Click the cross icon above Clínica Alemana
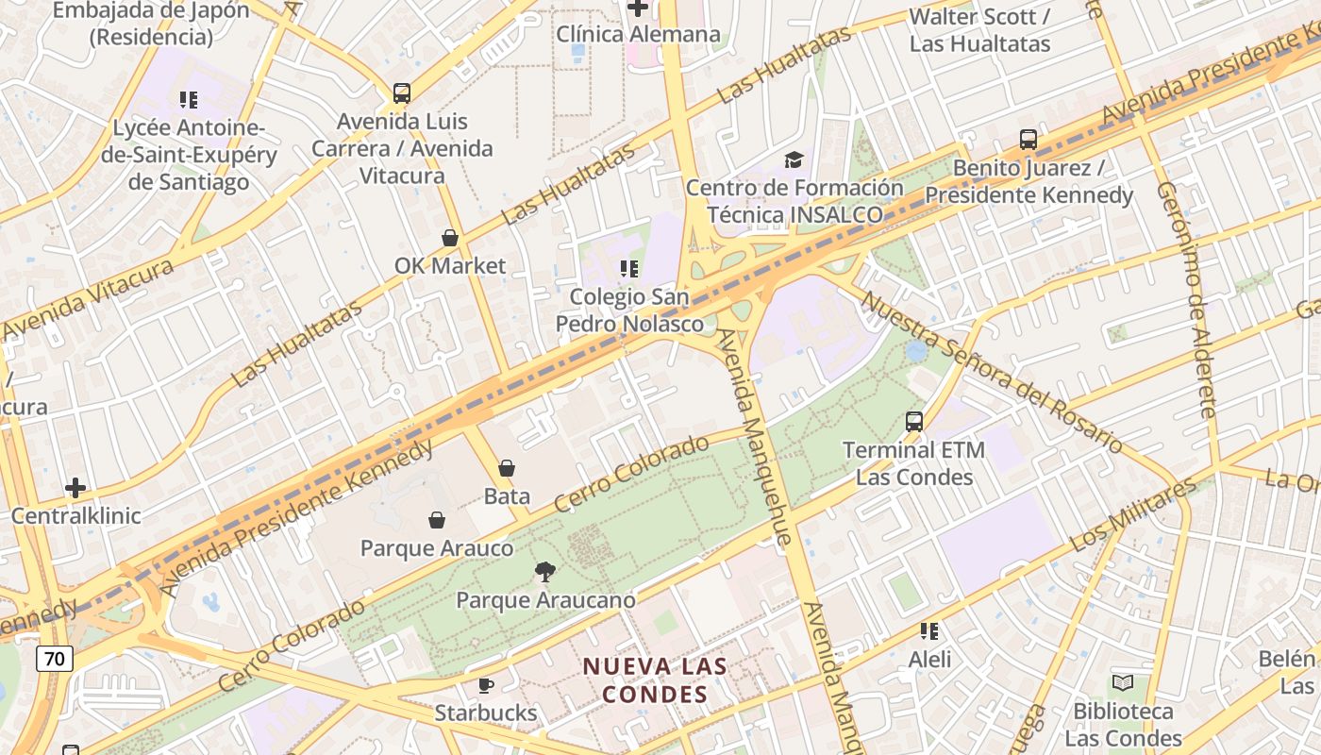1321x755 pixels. (x=638, y=8)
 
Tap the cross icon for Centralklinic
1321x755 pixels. (x=75, y=488)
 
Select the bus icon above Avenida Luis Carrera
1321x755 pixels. (x=402, y=93)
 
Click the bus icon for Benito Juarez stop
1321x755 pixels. (x=1028, y=140)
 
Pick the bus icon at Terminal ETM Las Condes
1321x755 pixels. (x=914, y=422)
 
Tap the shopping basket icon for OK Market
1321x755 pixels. (x=450, y=238)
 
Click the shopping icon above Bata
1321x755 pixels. (x=507, y=468)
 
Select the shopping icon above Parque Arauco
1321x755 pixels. (x=437, y=520)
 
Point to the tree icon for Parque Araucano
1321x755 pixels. (x=544, y=571)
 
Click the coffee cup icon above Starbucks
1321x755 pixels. (x=486, y=685)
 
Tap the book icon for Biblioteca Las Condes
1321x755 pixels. (x=1123, y=682)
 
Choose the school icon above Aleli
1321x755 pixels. (x=929, y=630)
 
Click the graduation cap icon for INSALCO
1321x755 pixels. (x=794, y=159)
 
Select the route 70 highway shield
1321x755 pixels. (x=55, y=658)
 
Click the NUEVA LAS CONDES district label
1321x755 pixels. (x=655, y=679)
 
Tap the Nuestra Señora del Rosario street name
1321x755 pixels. (x=992, y=373)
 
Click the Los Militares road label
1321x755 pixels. (x=1133, y=518)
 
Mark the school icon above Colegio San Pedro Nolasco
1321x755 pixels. (x=629, y=269)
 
